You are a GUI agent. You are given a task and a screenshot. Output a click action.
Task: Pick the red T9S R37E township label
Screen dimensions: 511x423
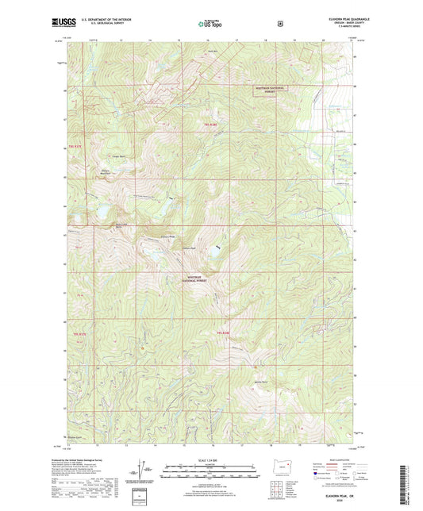(x=76, y=148)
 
